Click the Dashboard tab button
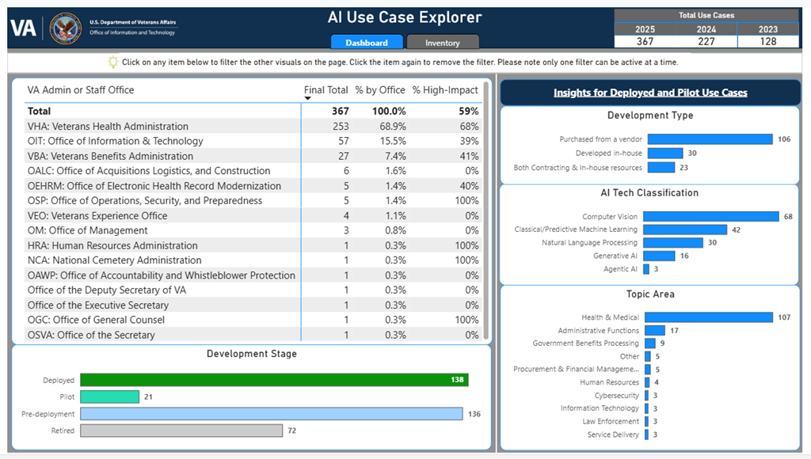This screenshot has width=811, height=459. point(366,43)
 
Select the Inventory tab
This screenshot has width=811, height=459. point(443,43)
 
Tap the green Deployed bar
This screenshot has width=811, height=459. point(274,380)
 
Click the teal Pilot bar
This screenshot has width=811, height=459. point(109,396)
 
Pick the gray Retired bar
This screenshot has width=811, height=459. point(181,431)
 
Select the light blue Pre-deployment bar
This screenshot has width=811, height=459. point(271,414)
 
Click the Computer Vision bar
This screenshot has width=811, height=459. point(710,217)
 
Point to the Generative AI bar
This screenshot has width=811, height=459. point(658,256)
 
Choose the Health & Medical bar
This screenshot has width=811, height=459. point(708,317)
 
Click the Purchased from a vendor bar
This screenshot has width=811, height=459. point(708,139)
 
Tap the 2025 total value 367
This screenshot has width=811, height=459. point(645,42)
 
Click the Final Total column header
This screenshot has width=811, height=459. point(326,90)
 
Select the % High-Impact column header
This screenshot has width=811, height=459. point(445,90)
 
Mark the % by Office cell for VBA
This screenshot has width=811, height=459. point(391,156)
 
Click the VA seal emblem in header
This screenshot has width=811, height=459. point(65,28)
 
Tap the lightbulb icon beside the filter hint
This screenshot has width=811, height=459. point(112,62)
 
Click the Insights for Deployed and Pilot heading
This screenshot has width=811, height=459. point(649,93)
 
